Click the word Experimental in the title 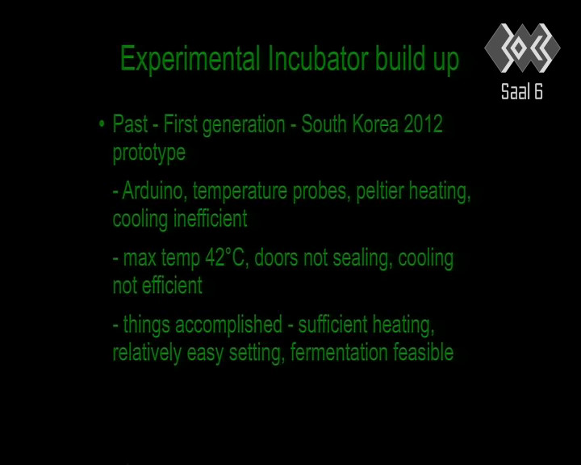pos(190,59)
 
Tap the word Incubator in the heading pos(318,58)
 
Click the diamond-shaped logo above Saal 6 pos(522,48)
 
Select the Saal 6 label pos(522,91)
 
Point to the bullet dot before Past pos(102,124)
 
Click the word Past pos(130,124)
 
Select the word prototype pos(149,153)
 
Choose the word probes pos(322,192)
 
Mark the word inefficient pos(211,219)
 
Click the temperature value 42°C pos(224,258)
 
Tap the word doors pos(276,258)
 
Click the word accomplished pos(228,325)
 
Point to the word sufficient pos(332,325)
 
